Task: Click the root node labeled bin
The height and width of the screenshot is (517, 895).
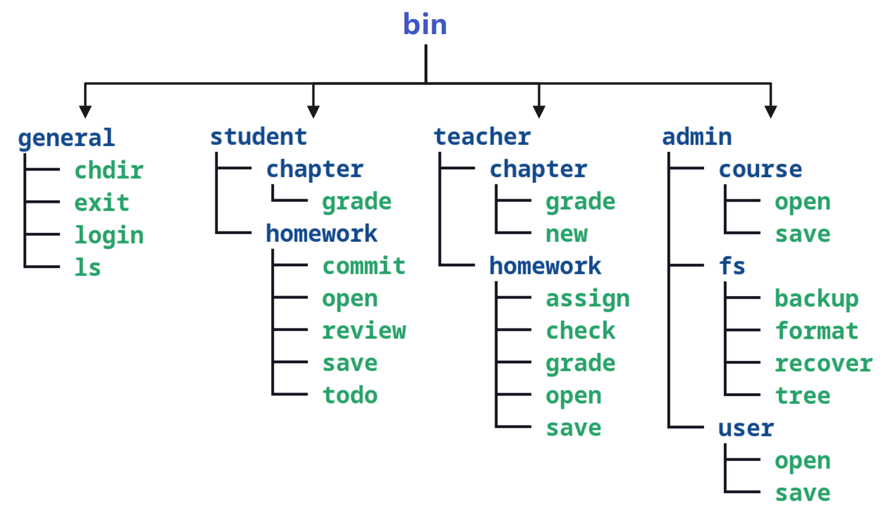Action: [x=424, y=24]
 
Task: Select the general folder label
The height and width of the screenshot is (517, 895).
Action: [x=66, y=139]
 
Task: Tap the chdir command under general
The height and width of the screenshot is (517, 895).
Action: [x=109, y=171]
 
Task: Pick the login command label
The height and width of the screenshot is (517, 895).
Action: [x=109, y=236]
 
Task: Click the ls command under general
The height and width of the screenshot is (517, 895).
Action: [x=87, y=267]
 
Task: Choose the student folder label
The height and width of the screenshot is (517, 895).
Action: [x=259, y=137]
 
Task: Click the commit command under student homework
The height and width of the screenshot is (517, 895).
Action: [x=364, y=266]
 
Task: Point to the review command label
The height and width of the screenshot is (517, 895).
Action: [x=364, y=330]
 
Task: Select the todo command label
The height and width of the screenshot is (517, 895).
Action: [x=350, y=396]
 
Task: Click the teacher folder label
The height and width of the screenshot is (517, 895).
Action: [x=483, y=137]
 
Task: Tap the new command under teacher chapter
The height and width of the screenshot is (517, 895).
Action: [x=566, y=234]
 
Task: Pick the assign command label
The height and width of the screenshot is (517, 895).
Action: [x=588, y=299]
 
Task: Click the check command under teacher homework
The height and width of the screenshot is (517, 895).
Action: [x=581, y=330]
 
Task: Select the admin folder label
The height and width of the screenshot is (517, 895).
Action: [x=697, y=137]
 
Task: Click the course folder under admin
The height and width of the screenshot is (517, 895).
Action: [x=760, y=169]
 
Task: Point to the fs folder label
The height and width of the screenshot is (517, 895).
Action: [x=732, y=266]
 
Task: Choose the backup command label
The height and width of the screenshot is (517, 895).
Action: [x=817, y=299]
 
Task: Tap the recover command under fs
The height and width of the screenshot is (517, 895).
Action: [x=824, y=364]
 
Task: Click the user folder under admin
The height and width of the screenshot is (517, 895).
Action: [x=746, y=428]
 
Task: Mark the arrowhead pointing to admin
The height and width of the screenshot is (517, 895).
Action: [x=770, y=111]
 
